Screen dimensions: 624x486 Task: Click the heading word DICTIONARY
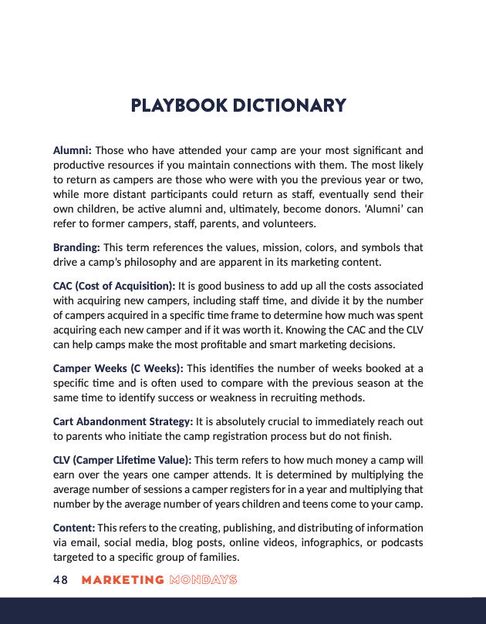[291, 106]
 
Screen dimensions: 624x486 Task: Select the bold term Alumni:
[73, 149]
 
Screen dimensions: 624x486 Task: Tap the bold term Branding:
[76, 247]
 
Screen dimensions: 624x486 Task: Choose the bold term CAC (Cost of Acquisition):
[114, 286]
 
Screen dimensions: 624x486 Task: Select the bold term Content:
[74, 527]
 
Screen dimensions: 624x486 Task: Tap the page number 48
[61, 580]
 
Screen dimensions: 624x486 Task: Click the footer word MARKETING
[123, 580]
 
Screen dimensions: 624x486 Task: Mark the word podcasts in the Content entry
[400, 542]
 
